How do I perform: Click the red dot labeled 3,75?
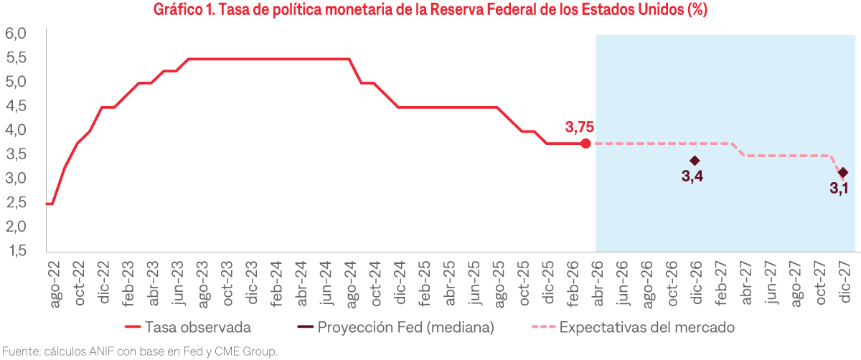[585, 143]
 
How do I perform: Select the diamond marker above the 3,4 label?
[694, 161]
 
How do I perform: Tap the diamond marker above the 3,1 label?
[842, 173]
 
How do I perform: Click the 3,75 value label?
[580, 127]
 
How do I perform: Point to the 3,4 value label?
[692, 177]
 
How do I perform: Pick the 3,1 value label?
[839, 189]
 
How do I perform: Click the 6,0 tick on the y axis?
[16, 34]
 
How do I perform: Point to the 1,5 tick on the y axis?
[16, 251]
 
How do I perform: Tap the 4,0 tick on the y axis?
[16, 130]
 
